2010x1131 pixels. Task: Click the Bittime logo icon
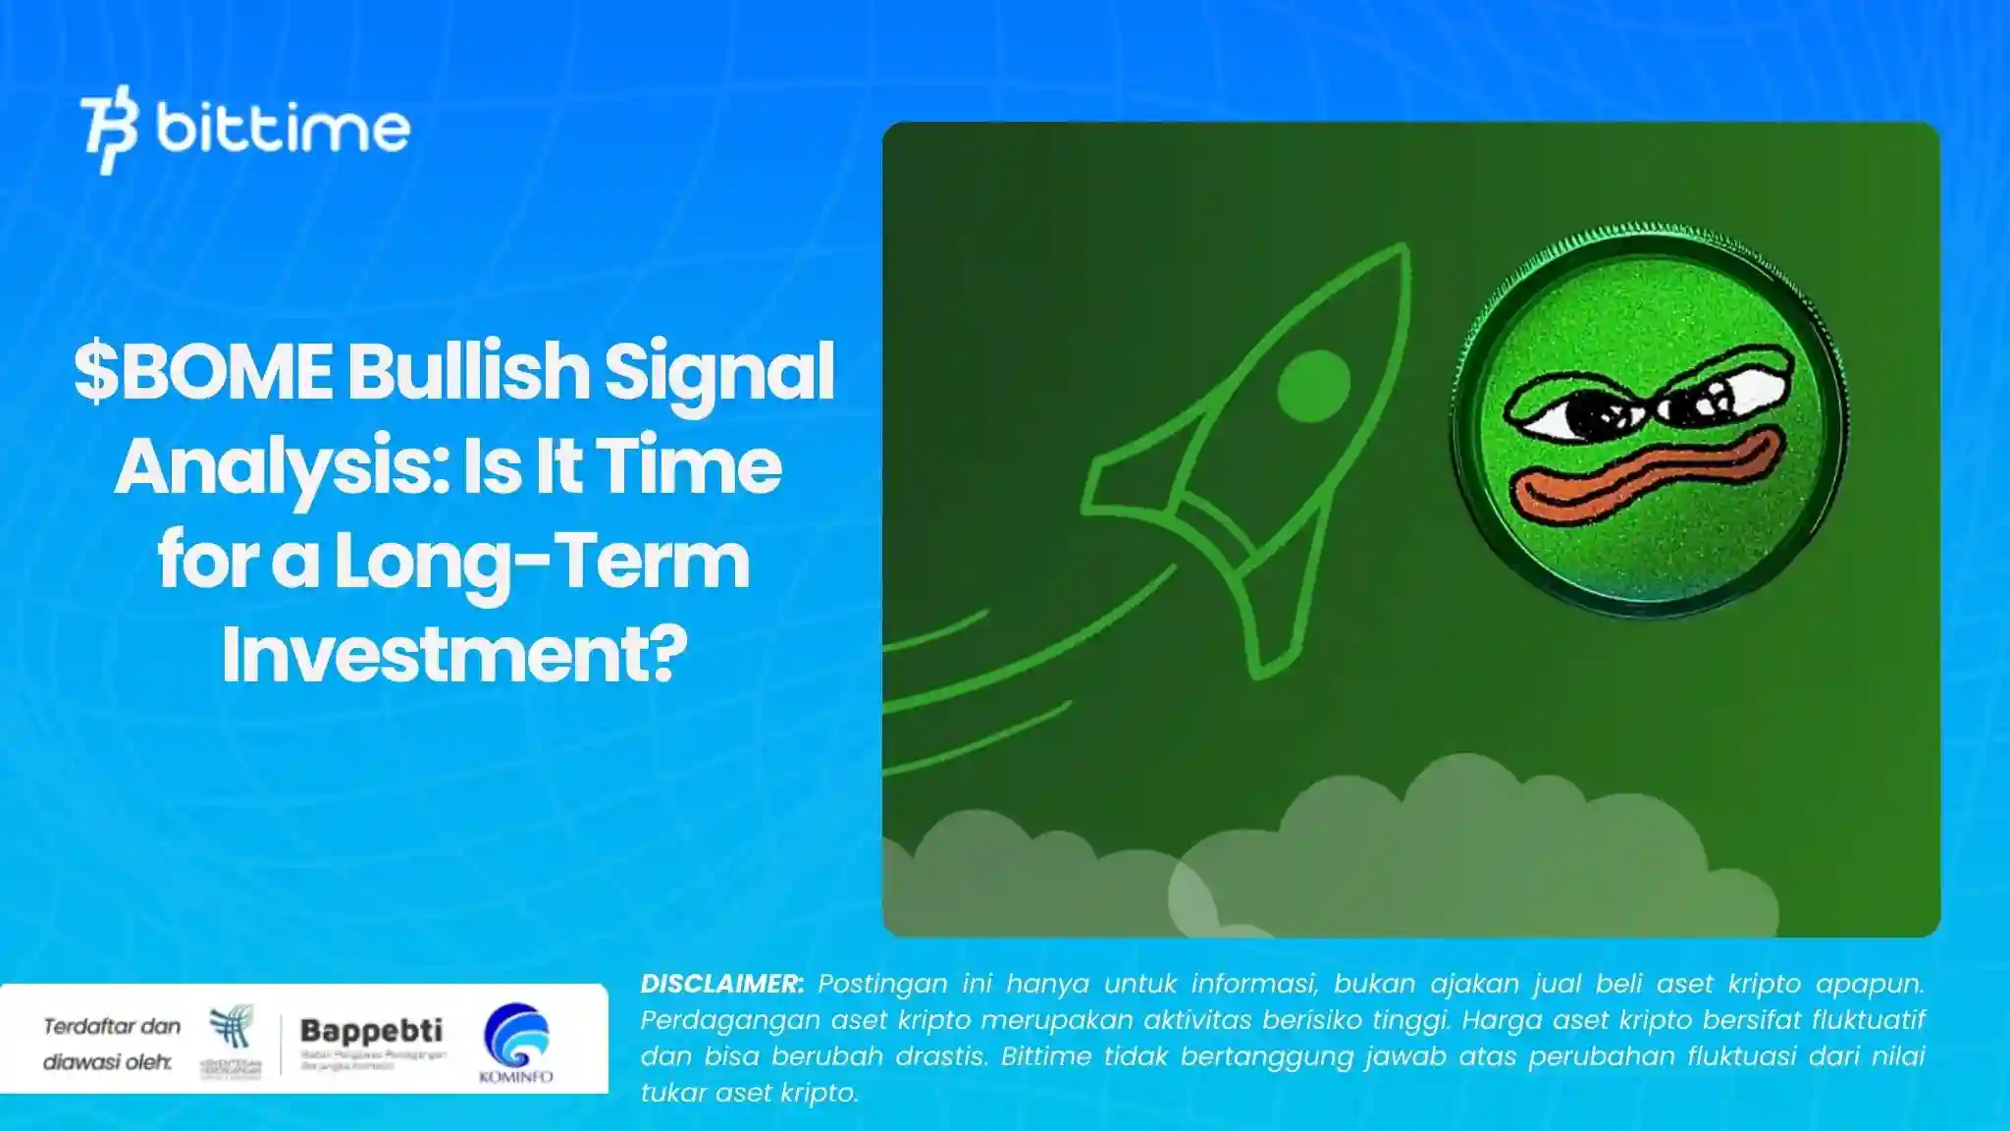tap(108, 130)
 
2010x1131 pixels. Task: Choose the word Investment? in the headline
tap(453, 656)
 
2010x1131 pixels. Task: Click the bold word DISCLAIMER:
tap(721, 984)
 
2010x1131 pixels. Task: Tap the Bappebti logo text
tap(371, 1031)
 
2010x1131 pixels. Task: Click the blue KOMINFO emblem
tap(516, 1035)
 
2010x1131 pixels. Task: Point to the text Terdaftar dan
tap(112, 1027)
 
